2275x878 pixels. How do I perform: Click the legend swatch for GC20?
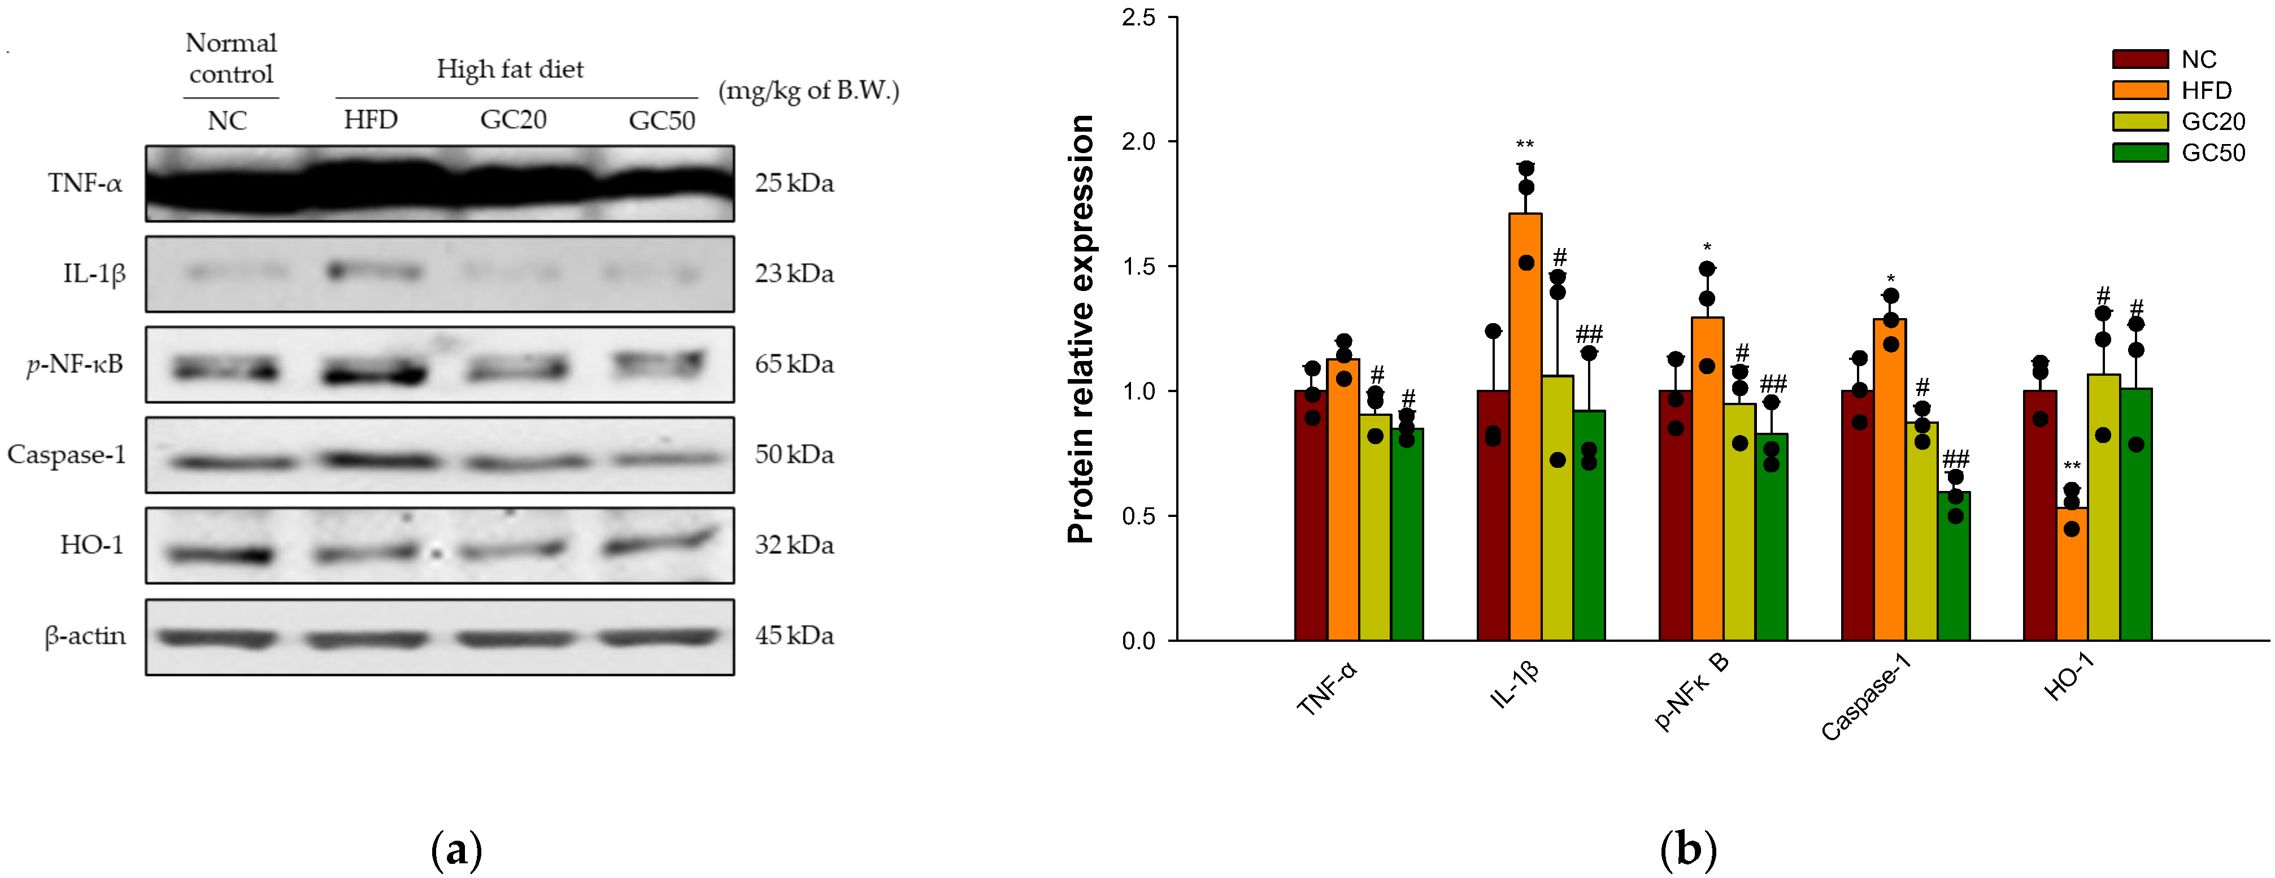click(2140, 121)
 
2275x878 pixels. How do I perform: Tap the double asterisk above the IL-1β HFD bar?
click(1525, 145)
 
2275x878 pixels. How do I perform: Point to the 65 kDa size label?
click(794, 364)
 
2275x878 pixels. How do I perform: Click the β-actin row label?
click(85, 636)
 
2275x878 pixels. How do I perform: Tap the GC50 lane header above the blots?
click(662, 120)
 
